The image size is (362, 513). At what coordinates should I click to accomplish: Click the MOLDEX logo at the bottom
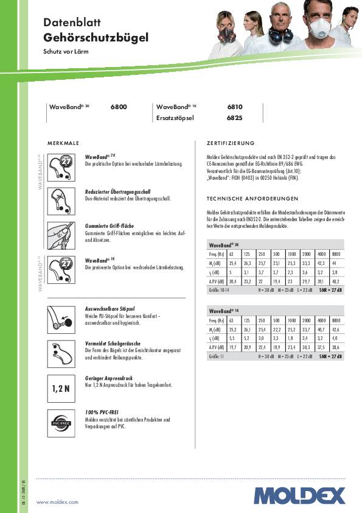click(299, 495)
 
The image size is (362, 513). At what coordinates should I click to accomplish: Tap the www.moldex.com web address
click(58, 501)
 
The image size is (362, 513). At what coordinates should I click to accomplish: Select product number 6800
click(119, 107)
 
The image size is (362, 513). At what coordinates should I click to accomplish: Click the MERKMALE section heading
click(64, 143)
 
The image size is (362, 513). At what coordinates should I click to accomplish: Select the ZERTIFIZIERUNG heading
click(231, 143)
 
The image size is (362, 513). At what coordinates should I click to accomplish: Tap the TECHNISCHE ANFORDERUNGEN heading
click(252, 199)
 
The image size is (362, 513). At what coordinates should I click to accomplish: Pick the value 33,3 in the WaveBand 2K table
click(306, 263)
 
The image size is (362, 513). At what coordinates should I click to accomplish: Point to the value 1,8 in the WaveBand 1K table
click(291, 337)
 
